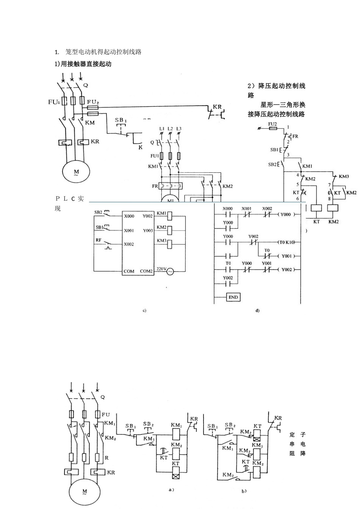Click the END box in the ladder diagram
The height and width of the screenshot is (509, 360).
click(233, 297)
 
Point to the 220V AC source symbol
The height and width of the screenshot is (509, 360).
click(170, 271)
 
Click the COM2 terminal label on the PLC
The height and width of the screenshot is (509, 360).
click(146, 271)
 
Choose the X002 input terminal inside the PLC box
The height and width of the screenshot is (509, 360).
click(129, 244)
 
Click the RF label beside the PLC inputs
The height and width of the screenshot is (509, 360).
click(99, 240)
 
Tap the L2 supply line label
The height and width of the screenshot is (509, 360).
click(170, 129)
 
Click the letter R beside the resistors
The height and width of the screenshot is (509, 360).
click(107, 457)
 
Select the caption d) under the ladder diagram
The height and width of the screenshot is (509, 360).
click(257, 311)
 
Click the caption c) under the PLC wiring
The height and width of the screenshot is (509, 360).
click(144, 311)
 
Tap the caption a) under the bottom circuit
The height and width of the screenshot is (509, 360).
click(171, 489)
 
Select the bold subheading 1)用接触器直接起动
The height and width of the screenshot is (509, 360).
click(83, 64)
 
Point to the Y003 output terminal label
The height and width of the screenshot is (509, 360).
click(148, 231)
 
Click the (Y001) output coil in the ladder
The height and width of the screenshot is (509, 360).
click(286, 256)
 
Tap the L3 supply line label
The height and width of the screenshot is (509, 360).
click(179, 129)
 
